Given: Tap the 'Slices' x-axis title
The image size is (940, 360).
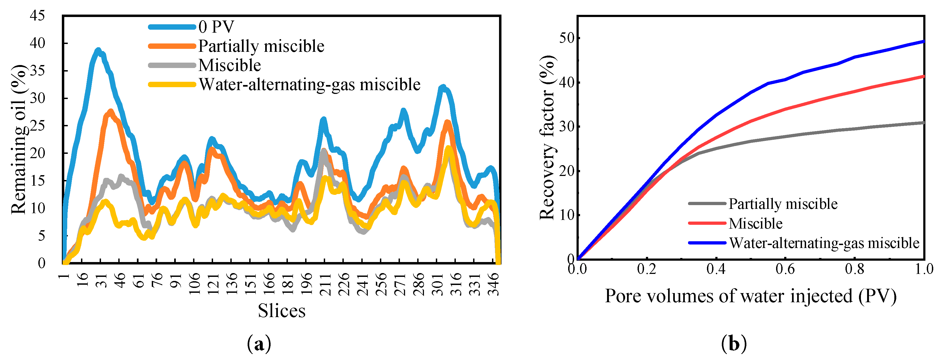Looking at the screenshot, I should coord(281,311).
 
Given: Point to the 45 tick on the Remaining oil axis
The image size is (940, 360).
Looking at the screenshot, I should coord(38,16).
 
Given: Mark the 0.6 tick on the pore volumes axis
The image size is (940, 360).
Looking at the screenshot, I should coord(785,269).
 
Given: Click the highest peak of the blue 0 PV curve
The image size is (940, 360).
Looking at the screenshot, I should coord(98,50).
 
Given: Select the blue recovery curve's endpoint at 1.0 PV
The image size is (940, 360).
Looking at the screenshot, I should coord(923,41).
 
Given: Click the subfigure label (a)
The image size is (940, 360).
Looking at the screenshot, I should coord(259,344).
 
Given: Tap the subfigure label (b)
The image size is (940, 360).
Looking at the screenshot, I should coord(734,344).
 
